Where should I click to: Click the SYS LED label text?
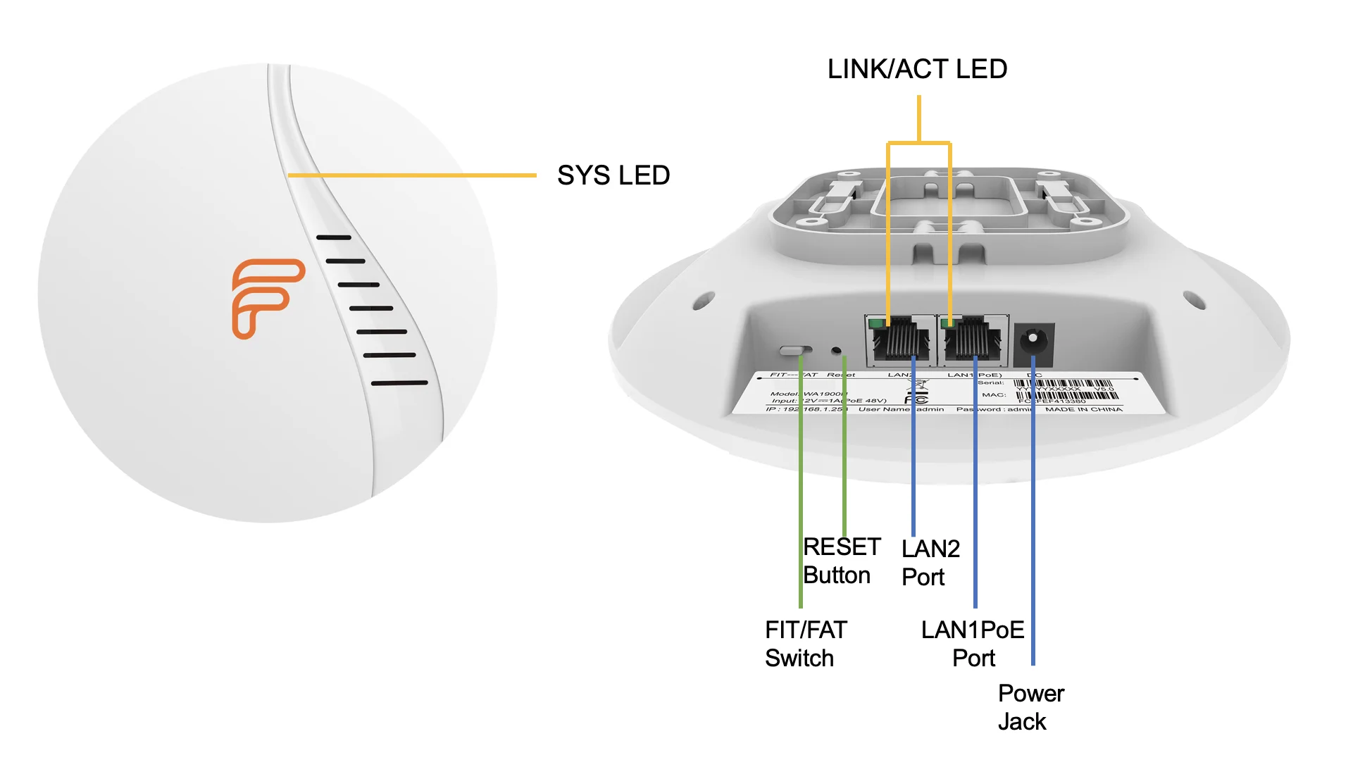613,175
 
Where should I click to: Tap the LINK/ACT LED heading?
917,69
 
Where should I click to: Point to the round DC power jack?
1033,340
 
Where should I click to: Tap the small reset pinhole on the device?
837,349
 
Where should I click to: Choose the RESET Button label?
841,561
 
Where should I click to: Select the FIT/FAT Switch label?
805,644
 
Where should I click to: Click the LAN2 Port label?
930,563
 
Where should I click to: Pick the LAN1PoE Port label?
973,644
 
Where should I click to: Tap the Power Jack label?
1030,707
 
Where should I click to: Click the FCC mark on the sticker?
916,399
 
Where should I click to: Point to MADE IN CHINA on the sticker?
1083,409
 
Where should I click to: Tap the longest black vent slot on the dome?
399,383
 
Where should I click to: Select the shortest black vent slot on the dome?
334,237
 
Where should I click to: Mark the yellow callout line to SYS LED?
412,175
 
